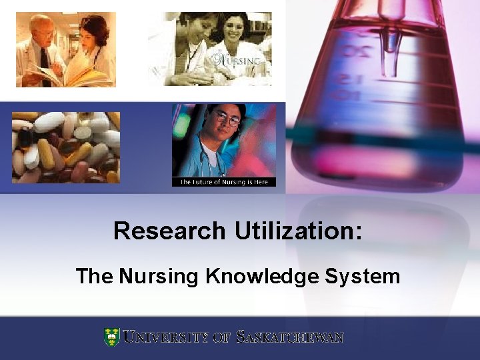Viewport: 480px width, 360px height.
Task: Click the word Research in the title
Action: pyautogui.click(x=169, y=231)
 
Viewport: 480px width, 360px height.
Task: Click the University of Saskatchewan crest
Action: pyautogui.click(x=111, y=337)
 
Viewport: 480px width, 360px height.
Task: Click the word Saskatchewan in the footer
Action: pyautogui.click(x=291, y=337)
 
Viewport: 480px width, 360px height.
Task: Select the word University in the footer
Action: pyautogui.click(x=167, y=337)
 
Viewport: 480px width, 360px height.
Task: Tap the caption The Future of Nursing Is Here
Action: pyautogui.click(x=224, y=182)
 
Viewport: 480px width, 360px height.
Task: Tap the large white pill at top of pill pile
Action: pyautogui.click(x=49, y=121)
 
